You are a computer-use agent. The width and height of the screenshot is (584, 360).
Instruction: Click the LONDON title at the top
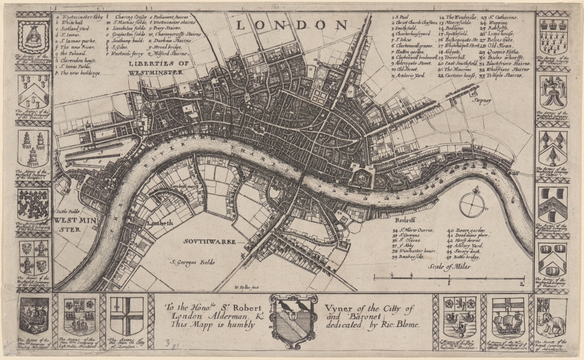pyautogui.click(x=292, y=25)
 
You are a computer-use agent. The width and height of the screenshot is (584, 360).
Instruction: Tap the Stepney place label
pyautogui.click(x=481, y=101)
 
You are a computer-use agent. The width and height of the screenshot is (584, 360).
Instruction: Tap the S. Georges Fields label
pyautogui.click(x=191, y=262)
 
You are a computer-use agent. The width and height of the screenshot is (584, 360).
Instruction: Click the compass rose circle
pyautogui.click(x=472, y=203)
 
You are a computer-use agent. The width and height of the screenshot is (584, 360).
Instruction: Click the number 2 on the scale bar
pyautogui.click(x=522, y=282)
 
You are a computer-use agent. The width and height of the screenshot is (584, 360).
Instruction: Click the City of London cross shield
pyautogui.click(x=127, y=316)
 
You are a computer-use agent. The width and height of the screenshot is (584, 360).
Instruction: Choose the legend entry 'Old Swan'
pyautogui.click(x=499, y=45)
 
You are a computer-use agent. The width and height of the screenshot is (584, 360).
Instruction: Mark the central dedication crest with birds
pyautogui.click(x=291, y=319)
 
